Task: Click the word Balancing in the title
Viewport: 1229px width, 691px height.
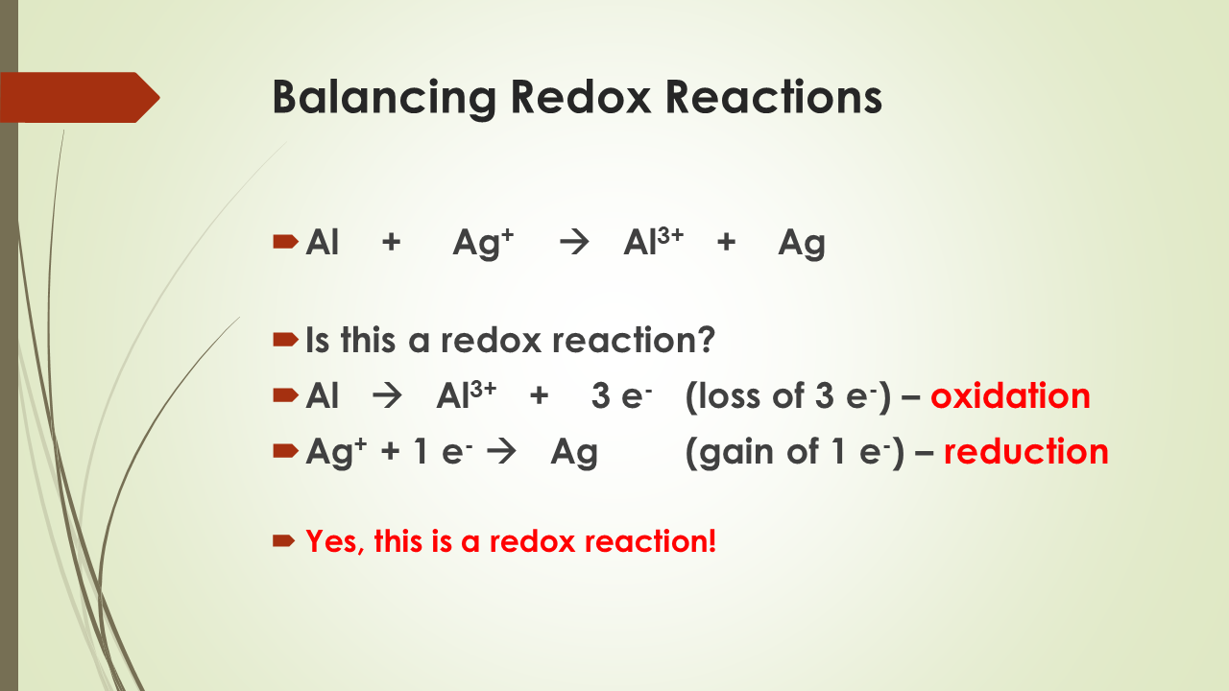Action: coord(384,98)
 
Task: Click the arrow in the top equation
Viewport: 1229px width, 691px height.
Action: coord(573,244)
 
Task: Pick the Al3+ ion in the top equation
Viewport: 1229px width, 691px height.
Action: coord(653,243)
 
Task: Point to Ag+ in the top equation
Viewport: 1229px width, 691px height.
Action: coord(483,244)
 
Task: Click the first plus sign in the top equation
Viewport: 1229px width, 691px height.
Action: coord(391,244)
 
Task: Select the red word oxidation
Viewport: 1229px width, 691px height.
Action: coord(1010,395)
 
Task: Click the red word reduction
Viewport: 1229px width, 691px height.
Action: coord(1025,451)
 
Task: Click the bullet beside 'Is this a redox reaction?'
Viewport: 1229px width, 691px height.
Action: coord(285,339)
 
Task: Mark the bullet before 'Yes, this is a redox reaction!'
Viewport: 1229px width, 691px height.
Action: coord(285,541)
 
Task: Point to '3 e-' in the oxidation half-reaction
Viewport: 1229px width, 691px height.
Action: coord(622,395)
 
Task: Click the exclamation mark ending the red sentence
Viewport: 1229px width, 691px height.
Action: coord(711,541)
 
